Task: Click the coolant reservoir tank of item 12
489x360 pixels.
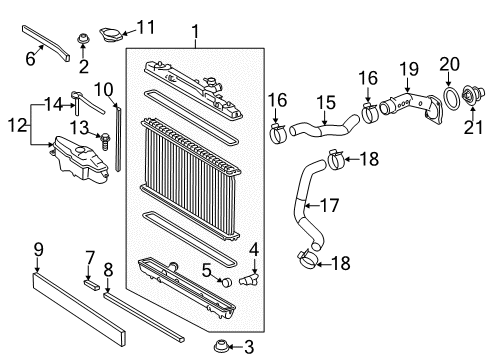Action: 75,161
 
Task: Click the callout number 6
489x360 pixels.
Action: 30,60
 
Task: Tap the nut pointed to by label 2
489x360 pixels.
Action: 85,43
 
